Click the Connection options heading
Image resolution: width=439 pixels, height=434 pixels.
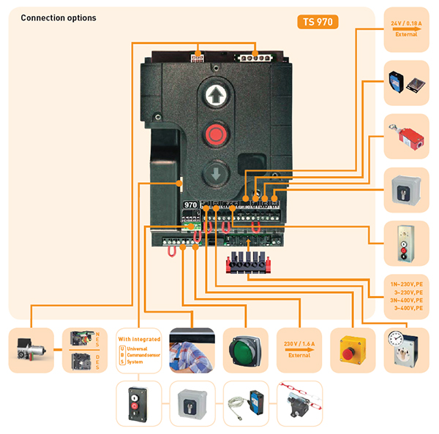(x=58, y=18)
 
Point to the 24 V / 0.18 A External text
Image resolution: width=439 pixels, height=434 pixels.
(x=406, y=28)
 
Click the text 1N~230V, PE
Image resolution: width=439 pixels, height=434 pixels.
(x=406, y=283)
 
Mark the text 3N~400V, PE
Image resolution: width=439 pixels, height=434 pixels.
(x=406, y=300)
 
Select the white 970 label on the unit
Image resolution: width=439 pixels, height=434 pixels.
(x=190, y=206)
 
